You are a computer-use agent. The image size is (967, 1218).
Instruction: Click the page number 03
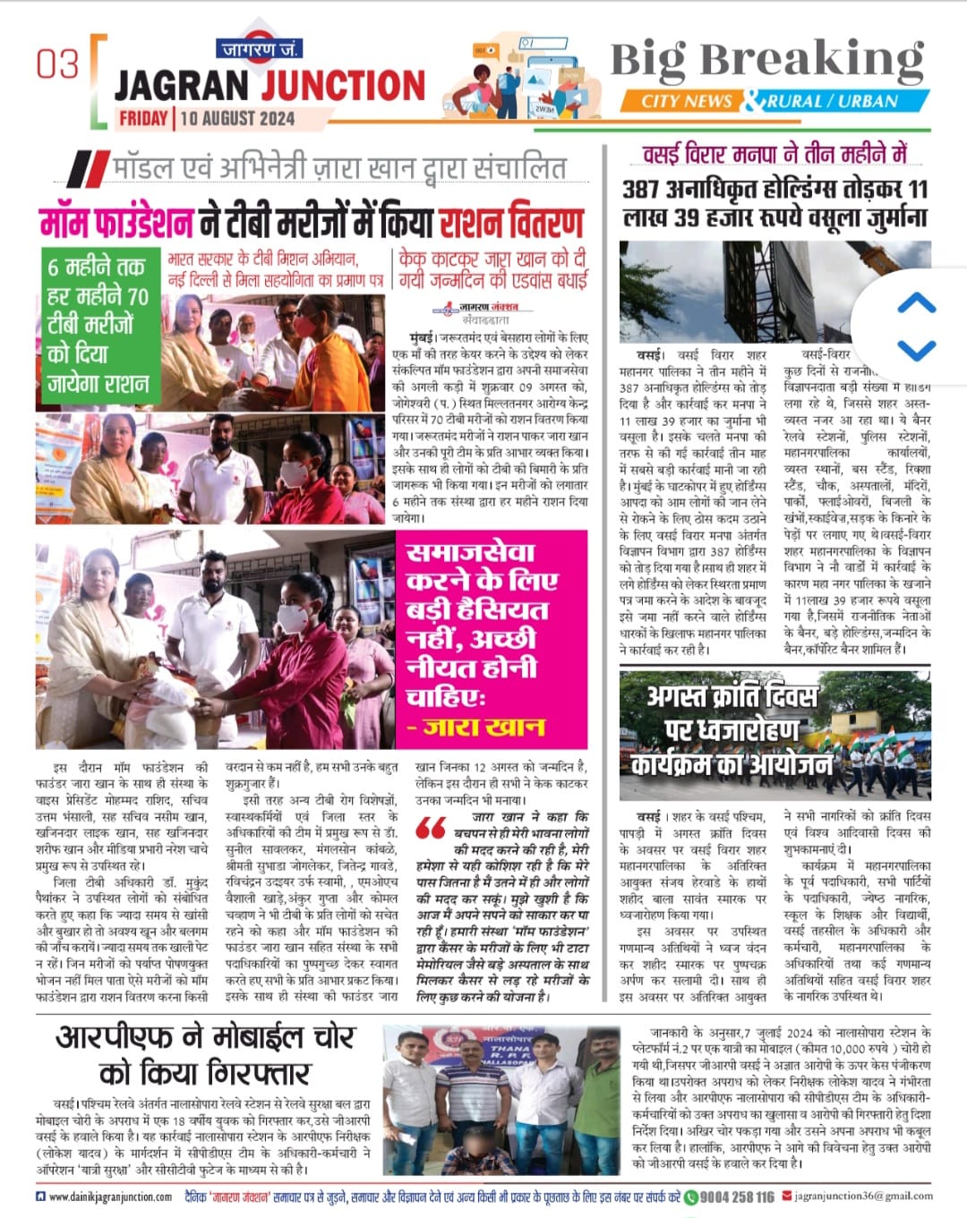click(57, 64)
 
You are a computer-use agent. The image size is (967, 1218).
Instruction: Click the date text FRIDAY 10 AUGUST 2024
click(207, 117)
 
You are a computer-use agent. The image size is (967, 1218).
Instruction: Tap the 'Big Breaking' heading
click(766, 61)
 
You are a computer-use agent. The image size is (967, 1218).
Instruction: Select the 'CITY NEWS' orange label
click(687, 101)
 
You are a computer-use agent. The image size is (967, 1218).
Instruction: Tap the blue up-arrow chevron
click(916, 303)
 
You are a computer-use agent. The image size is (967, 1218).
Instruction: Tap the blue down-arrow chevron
click(916, 349)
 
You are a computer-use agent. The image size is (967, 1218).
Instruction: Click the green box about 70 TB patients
click(98, 325)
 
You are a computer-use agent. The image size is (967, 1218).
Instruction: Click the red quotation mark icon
click(431, 828)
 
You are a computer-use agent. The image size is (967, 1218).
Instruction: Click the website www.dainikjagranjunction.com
click(110, 1197)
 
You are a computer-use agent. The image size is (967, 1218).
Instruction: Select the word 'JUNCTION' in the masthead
click(344, 86)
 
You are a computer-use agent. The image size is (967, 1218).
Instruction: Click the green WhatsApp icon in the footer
click(690, 1197)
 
